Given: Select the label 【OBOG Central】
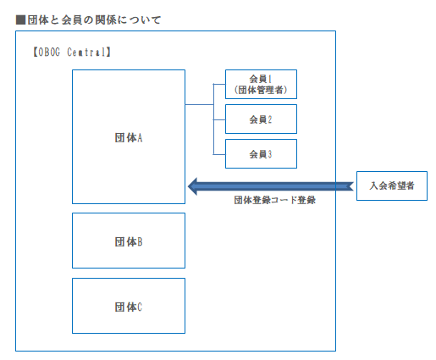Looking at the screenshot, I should click(x=71, y=52).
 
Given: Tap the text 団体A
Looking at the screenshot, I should click(x=128, y=137).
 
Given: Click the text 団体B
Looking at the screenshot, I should click(x=128, y=241).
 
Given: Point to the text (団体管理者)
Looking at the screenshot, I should click(x=261, y=91).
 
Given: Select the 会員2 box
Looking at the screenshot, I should click(x=261, y=119).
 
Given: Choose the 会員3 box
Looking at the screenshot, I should click(x=261, y=154).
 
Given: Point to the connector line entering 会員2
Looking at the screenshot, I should click(x=219, y=119).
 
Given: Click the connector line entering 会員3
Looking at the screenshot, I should click(x=219, y=154).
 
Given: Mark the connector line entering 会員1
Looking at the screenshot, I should click(x=219, y=85).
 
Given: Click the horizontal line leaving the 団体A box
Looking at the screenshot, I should click(x=198, y=104).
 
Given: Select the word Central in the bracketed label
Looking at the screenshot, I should click(x=90, y=52).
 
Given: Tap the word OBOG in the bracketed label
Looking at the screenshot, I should click(x=52, y=52).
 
